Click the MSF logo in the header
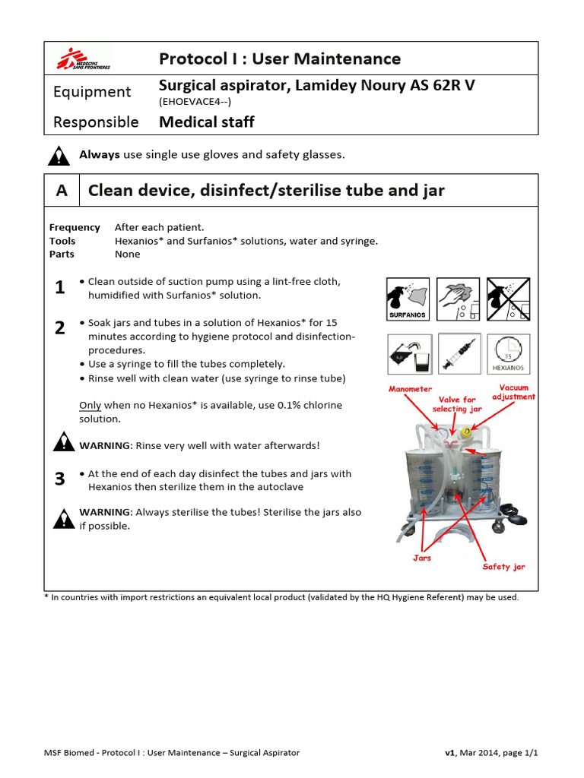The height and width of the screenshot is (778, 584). [84, 59]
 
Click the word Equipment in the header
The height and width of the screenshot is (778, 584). [92, 92]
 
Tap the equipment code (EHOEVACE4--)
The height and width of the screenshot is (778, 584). [195, 102]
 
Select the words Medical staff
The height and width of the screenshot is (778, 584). [207, 122]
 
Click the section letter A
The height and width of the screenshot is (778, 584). [62, 190]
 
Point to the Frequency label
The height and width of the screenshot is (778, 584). [75, 227]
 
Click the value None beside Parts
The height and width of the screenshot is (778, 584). [127, 254]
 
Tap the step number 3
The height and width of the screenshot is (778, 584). [59, 479]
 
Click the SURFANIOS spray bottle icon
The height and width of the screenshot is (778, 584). [408, 299]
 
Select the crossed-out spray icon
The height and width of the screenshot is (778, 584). [508, 299]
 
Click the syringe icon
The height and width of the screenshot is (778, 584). [459, 354]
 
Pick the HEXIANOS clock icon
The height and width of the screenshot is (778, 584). [509, 354]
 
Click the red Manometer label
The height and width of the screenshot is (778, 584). [410, 389]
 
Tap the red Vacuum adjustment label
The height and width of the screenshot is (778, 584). [513, 392]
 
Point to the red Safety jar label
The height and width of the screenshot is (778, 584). [503, 567]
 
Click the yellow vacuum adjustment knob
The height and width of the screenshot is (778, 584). [466, 432]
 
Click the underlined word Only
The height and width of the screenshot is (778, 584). [90, 406]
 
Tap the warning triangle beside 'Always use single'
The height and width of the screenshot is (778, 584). [59, 155]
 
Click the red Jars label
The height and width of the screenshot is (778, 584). [422, 558]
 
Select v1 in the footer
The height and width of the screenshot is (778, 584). [450, 753]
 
